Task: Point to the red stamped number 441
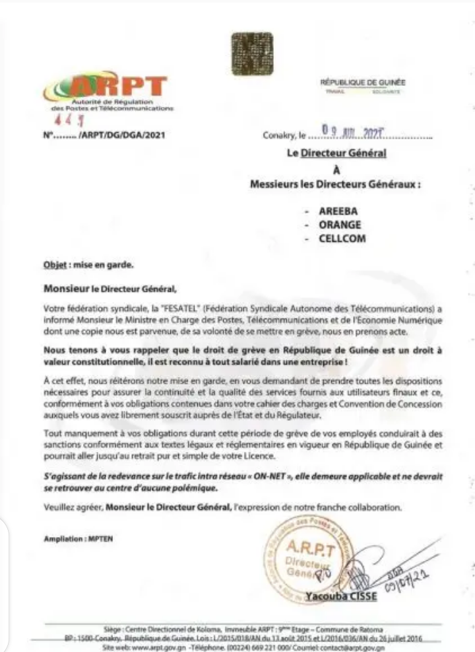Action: click(64, 122)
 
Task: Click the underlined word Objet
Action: click(52, 266)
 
